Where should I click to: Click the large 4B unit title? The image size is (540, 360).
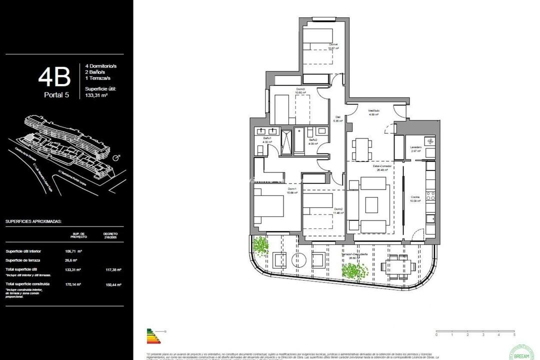click(x=54, y=77)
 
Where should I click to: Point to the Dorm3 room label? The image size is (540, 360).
click(x=300, y=90)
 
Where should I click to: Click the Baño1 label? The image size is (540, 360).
click(x=266, y=138)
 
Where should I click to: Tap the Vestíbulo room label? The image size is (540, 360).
click(x=374, y=111)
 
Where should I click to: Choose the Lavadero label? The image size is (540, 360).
click(x=416, y=147)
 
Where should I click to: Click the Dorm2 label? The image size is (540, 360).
click(x=338, y=209)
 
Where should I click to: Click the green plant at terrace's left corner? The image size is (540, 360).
click(x=260, y=246)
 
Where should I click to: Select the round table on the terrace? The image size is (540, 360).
click(x=299, y=260)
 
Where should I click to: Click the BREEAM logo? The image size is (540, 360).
click(x=521, y=350)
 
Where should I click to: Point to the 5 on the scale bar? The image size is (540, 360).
click(x=514, y=334)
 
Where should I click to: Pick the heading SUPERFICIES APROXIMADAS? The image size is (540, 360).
click(x=33, y=220)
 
